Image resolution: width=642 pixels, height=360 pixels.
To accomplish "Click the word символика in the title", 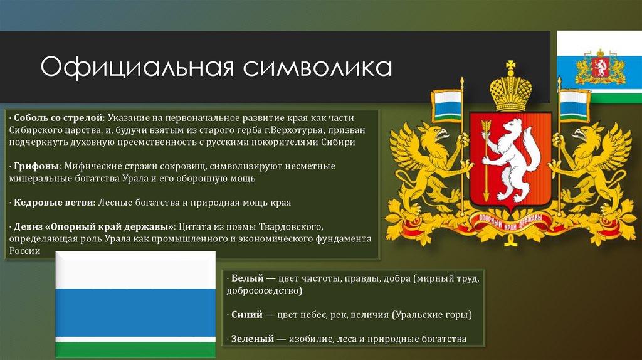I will coord(318,67).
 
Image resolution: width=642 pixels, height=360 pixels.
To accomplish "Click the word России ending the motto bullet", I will coord(24,251).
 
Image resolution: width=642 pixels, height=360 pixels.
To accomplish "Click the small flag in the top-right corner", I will coord(599,66).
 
